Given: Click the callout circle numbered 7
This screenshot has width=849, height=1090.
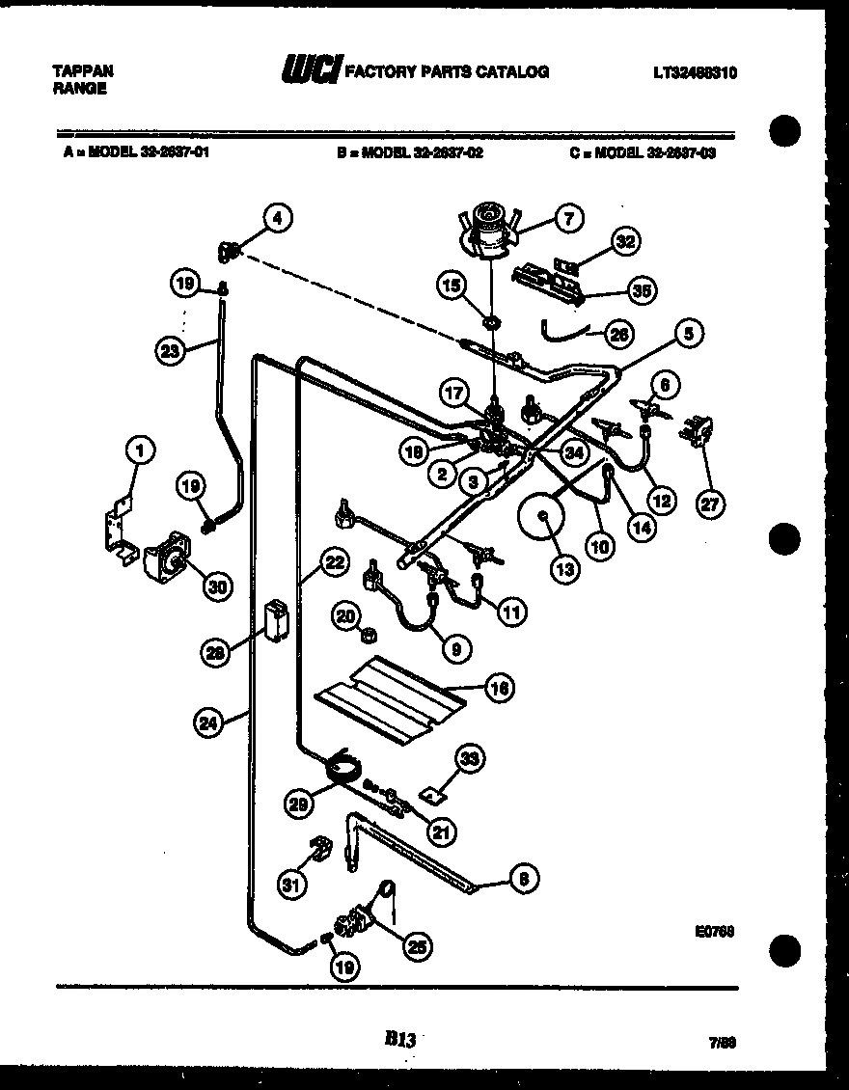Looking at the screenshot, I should pyautogui.click(x=568, y=219).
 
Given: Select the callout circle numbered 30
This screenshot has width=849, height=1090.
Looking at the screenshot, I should pyautogui.click(x=218, y=585).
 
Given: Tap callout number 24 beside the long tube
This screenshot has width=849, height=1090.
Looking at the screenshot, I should pyautogui.click(x=208, y=720).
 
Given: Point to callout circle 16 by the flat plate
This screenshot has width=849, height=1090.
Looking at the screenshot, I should pyautogui.click(x=499, y=688).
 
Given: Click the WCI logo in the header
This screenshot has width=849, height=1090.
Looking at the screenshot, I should pyautogui.click(x=311, y=70).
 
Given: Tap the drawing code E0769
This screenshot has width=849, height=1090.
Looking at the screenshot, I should pyautogui.click(x=714, y=933).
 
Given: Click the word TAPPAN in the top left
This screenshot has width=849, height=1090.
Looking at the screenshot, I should pyautogui.click(x=81, y=70).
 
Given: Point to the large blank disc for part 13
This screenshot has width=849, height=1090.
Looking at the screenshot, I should pyautogui.click(x=544, y=521).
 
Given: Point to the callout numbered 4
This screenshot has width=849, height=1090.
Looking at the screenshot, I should pyautogui.click(x=277, y=219).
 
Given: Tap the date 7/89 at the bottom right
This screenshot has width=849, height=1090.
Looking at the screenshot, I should pyautogui.click(x=722, y=1043).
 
